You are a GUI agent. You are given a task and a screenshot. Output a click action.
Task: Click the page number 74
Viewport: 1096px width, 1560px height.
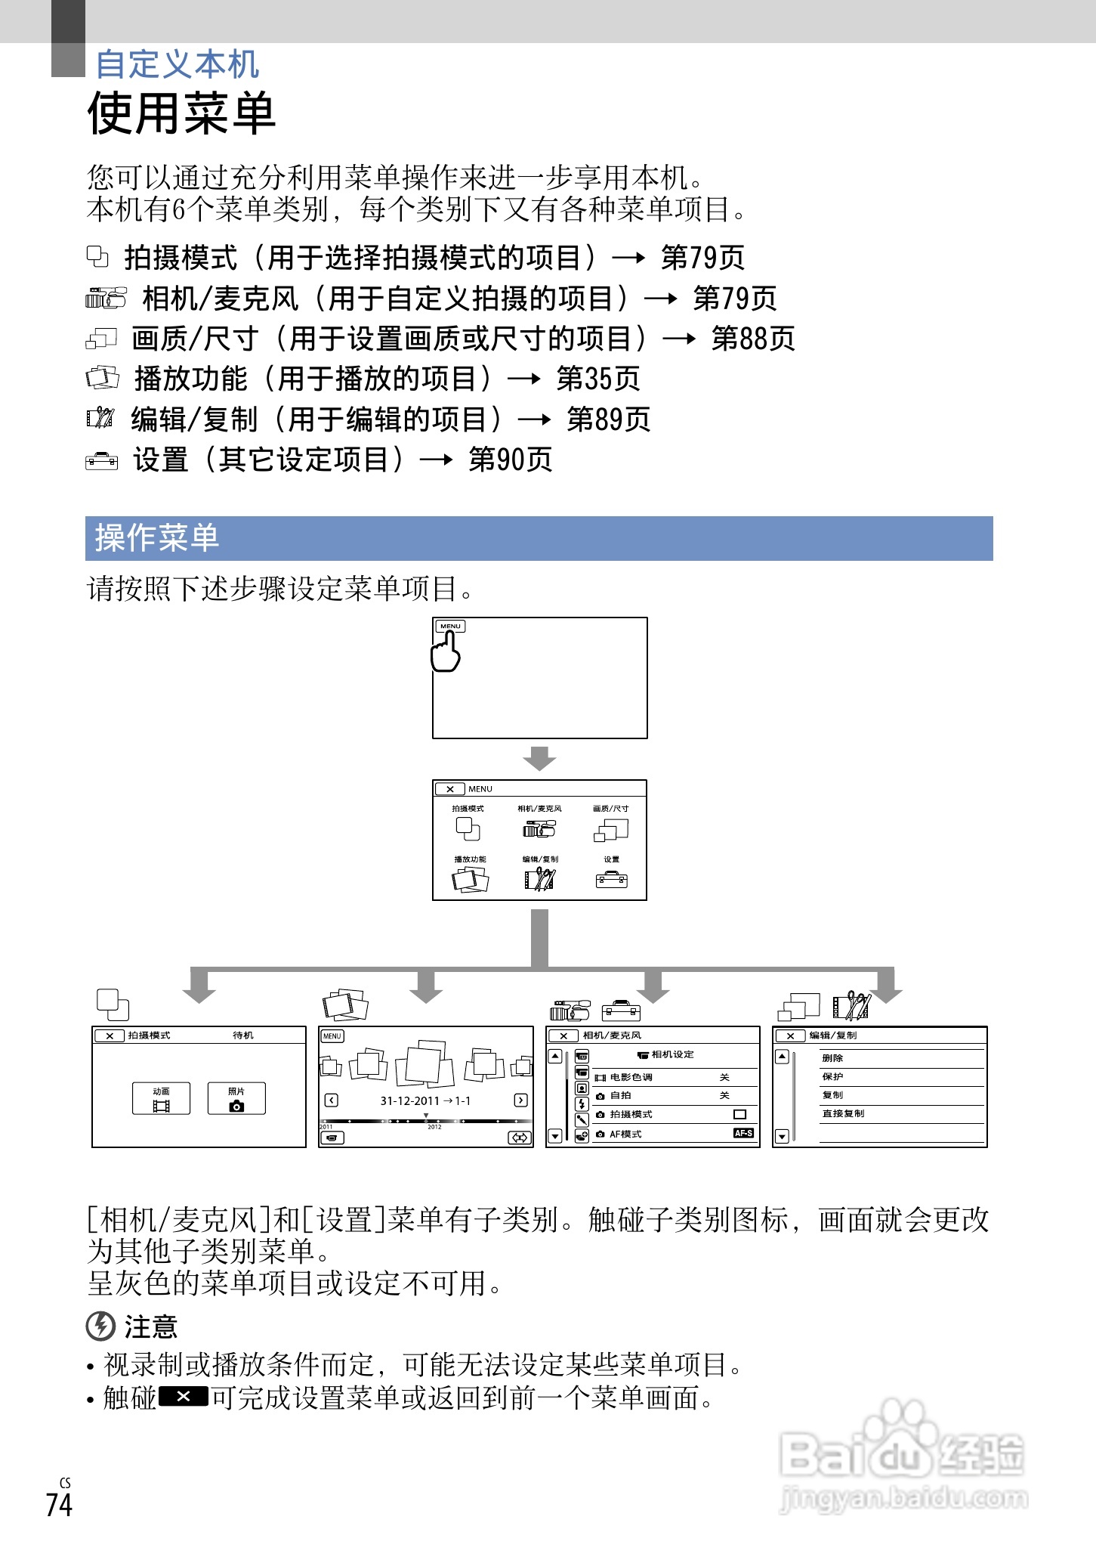[59, 1504]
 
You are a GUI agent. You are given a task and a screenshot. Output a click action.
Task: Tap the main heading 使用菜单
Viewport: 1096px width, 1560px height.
[181, 113]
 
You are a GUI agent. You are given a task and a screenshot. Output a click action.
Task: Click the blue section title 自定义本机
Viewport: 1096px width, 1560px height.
[177, 64]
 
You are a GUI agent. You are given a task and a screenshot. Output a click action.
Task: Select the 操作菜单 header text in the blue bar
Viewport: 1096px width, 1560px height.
[157, 538]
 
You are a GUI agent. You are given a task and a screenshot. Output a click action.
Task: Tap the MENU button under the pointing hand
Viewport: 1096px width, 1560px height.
[450, 626]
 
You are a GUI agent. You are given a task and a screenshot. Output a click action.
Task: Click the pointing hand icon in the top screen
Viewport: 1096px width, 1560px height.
[446, 652]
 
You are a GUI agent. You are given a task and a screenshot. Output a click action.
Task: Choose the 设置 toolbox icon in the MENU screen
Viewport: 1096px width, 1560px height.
[611, 879]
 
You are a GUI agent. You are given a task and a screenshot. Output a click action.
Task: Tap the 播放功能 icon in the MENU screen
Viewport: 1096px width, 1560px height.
[470, 879]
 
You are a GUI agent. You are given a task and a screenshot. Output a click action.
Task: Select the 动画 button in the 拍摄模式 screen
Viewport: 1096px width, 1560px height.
[161, 1098]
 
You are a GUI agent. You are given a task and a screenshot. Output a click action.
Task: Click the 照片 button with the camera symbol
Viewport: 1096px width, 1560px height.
[236, 1098]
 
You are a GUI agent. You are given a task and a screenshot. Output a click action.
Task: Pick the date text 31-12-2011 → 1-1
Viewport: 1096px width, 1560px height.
[425, 1100]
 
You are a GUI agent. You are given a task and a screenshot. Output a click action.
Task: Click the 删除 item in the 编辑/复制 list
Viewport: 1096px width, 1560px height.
[832, 1058]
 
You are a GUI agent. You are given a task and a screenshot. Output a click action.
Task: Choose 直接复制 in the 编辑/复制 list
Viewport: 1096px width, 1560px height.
[843, 1113]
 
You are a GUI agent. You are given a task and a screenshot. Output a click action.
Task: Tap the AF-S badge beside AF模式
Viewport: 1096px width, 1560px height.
[743, 1133]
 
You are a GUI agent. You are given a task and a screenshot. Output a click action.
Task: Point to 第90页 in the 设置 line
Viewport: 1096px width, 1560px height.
[511, 460]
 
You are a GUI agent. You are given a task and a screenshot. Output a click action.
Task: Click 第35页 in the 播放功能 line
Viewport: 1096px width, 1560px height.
[598, 379]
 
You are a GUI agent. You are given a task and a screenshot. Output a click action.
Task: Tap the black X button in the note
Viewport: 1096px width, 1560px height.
[184, 1397]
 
